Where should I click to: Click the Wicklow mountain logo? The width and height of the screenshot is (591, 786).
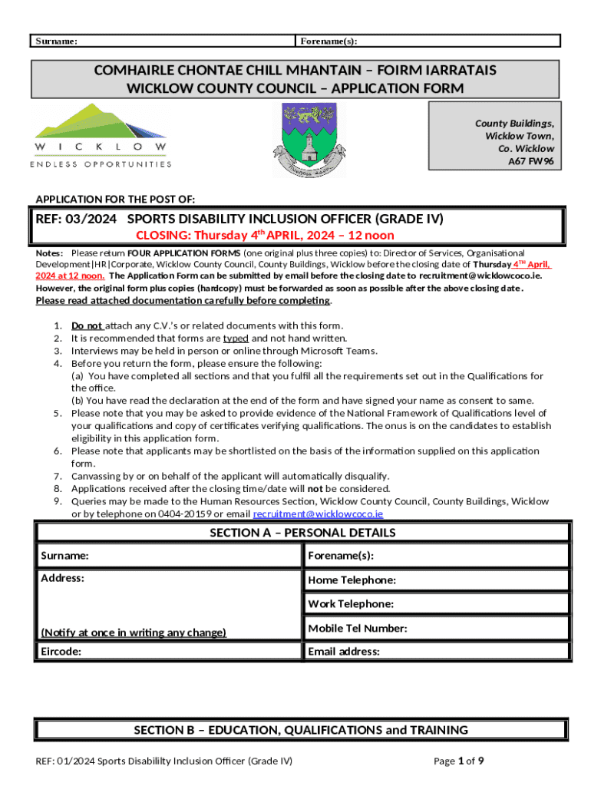pos(100,135)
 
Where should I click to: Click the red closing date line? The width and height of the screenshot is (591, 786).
pos(265,236)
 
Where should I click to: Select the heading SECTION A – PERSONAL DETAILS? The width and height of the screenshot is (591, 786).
pos(302,533)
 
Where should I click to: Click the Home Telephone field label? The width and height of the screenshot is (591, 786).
pos(352,580)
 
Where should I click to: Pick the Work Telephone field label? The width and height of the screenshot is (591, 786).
pos(351,604)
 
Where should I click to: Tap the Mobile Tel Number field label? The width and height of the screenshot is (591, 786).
pos(357,629)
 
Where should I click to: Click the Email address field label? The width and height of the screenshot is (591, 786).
pos(343,652)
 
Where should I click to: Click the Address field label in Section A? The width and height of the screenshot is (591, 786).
pos(62,577)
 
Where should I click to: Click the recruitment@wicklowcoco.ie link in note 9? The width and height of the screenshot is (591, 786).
pos(318,514)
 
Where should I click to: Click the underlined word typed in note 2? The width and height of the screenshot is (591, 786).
pos(236,338)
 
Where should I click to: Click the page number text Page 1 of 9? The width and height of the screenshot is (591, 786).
pos(458,761)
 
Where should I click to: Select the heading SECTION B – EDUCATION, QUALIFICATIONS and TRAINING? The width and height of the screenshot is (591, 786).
pos(301,730)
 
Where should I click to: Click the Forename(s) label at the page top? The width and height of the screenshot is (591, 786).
pos(329,41)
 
